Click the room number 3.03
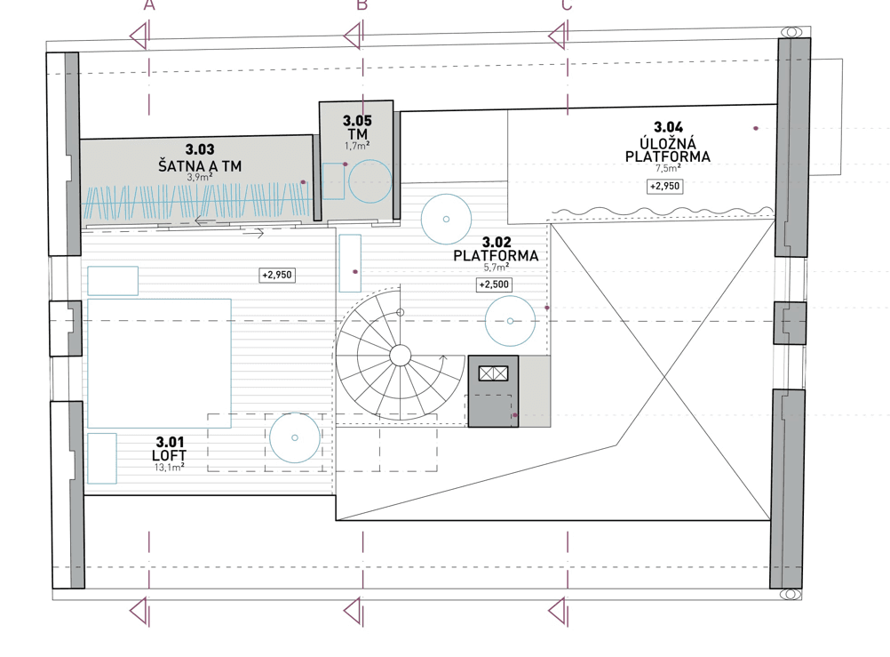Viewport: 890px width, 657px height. click(200, 151)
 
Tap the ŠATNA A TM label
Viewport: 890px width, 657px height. click(200, 165)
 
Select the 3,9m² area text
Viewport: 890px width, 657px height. click(200, 178)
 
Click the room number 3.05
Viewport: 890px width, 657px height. click(357, 120)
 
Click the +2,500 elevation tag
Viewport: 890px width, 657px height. click(493, 285)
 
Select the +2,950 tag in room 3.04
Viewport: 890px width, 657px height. click(665, 187)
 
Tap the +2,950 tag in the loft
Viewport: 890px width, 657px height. click(277, 276)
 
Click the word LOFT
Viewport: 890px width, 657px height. click(169, 454)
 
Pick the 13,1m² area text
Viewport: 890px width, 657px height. click(169, 466)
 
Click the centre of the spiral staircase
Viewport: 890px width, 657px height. click(400, 356)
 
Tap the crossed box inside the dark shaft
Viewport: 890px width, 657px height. click(493, 373)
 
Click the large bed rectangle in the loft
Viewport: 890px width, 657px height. click(159, 362)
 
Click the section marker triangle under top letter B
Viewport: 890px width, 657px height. click(353, 36)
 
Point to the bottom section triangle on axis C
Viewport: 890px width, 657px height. click(558, 611)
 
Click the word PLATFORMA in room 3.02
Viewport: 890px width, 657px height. click(496, 254)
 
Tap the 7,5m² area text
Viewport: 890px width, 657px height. click(668, 168)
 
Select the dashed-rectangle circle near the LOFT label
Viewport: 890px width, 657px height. click(295, 437)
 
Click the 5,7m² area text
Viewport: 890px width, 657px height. click(496, 267)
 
